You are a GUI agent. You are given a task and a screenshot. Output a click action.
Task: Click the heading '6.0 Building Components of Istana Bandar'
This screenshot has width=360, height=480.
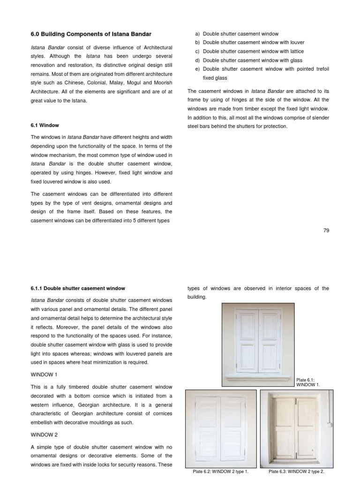91,34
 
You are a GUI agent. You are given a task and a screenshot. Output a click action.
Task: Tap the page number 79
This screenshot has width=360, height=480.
326,230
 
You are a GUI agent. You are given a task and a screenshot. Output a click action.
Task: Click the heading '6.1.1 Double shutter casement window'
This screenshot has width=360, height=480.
78,288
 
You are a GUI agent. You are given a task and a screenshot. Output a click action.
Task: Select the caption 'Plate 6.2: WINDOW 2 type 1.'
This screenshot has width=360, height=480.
221,472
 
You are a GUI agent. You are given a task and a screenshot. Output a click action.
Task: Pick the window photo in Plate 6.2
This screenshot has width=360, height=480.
221,428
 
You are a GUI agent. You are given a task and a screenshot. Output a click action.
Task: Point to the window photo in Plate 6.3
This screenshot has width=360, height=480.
295,428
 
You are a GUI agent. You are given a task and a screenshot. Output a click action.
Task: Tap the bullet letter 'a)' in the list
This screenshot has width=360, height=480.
197,34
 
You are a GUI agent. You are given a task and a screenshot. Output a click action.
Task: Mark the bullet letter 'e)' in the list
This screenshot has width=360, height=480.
197,69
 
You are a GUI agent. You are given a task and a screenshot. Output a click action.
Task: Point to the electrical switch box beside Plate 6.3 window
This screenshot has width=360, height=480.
330,426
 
